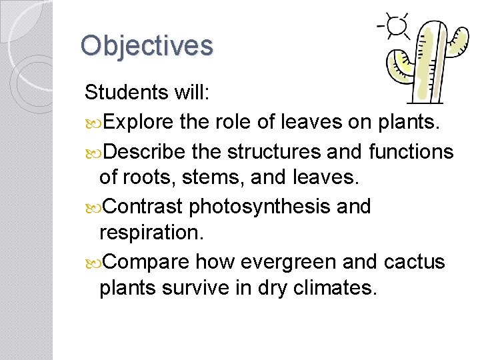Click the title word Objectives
coord(147,45)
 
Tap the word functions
coord(411,152)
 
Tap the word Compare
coord(147,261)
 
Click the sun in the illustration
coord(397,25)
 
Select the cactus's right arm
coord(457,41)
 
